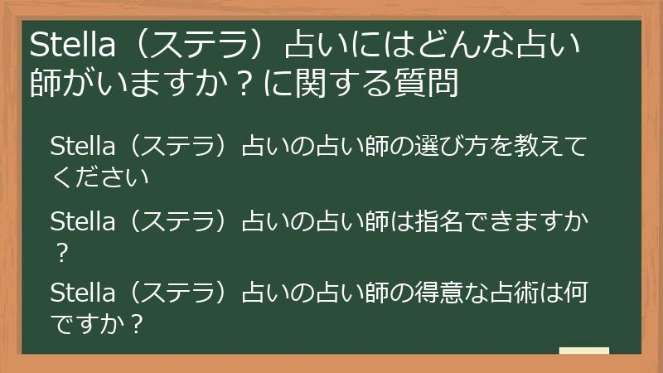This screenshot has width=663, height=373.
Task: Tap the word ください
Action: (x=100, y=177)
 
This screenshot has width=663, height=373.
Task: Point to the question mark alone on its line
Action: (x=60, y=250)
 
